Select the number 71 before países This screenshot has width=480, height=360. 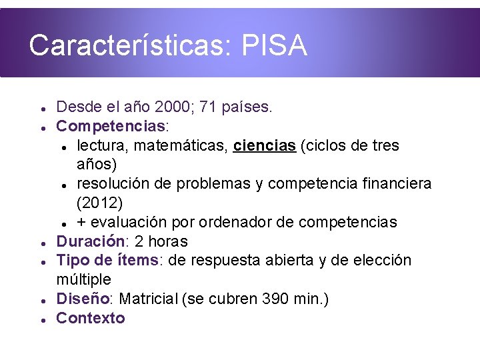pyautogui.click(x=220, y=107)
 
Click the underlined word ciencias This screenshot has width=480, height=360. pyautogui.click(x=264, y=145)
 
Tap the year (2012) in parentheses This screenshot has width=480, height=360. pyautogui.click(x=99, y=202)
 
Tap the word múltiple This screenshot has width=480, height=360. pyautogui.click(x=83, y=279)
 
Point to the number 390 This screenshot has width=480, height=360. pyautogui.click(x=274, y=299)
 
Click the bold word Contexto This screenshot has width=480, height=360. pyautogui.click(x=91, y=318)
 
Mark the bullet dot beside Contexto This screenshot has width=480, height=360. pyautogui.click(x=42, y=320)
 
